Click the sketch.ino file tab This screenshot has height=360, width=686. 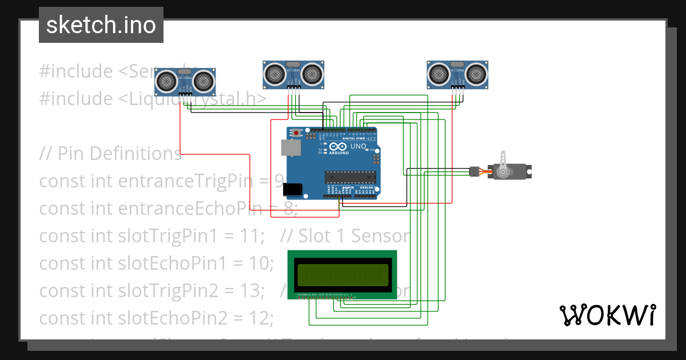(101, 25)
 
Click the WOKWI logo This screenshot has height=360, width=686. (607, 315)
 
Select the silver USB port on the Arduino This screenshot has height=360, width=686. (292, 147)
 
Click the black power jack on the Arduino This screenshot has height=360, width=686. (293, 190)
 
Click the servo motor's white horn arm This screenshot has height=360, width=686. (503, 163)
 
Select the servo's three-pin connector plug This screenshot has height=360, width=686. (474, 171)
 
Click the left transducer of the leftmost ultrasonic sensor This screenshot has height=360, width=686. (167, 81)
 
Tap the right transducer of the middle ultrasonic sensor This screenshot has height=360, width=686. (312, 74)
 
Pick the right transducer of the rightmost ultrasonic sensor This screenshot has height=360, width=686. (476, 74)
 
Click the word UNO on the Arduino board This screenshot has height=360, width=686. (358, 146)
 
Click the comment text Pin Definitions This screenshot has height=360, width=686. (119, 154)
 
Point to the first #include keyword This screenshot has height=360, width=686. (75, 71)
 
